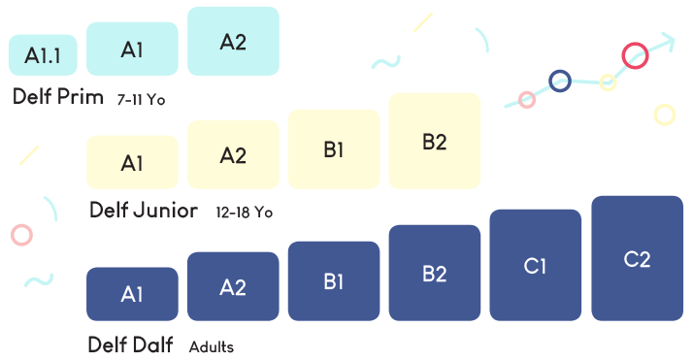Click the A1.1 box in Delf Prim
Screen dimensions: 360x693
[x=36, y=55]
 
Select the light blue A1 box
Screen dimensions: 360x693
[x=133, y=49]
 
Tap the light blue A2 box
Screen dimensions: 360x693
[x=233, y=42]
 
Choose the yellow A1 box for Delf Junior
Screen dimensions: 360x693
[x=133, y=162]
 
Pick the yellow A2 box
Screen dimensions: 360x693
[x=233, y=154]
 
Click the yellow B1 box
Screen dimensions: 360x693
[x=334, y=148]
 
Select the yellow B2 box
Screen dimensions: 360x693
[x=435, y=141]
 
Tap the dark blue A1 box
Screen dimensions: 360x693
[x=133, y=293]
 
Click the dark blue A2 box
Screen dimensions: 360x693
[x=233, y=286]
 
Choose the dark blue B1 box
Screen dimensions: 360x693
[x=334, y=280]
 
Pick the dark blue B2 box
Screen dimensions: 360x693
[x=435, y=273]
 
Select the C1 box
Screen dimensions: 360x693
[x=535, y=265]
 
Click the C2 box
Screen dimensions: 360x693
[x=637, y=258]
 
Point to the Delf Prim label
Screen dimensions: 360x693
[x=59, y=97]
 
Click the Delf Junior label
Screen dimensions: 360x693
[x=144, y=211]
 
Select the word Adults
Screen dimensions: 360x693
[x=212, y=346]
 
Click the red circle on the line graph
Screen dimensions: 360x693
[x=635, y=55]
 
